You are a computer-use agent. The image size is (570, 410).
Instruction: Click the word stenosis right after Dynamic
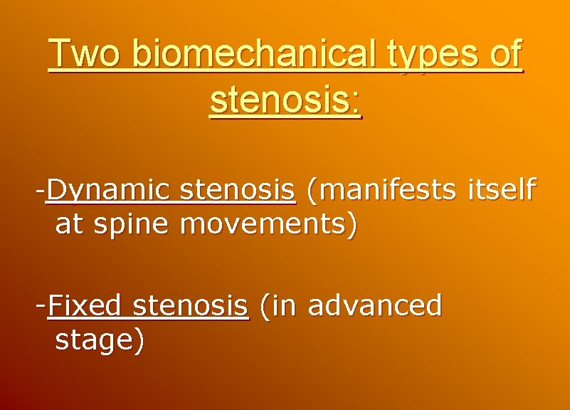238,190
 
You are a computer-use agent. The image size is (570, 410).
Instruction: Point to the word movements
265,225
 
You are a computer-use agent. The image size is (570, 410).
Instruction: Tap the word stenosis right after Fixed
191,306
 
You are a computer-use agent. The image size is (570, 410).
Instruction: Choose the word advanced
374,306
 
